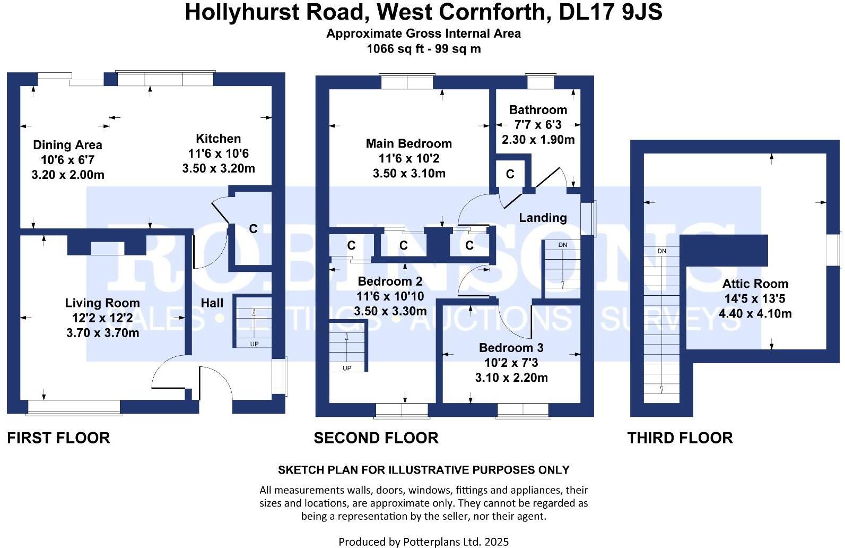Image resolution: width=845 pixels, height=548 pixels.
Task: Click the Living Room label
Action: point(102,303)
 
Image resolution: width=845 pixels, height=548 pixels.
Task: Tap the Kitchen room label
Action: point(218,139)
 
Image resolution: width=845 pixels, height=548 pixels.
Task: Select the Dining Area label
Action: point(67,145)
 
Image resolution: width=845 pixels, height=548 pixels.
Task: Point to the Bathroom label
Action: point(538,110)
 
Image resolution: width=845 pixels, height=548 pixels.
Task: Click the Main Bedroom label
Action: point(409,143)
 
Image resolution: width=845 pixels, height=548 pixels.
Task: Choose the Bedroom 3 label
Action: point(511,348)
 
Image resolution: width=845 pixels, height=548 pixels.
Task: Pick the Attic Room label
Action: point(755,284)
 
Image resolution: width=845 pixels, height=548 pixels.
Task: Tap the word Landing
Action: point(543,218)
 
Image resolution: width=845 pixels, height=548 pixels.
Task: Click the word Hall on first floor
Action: point(212,303)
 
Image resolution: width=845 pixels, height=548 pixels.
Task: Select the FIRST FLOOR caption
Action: point(58,438)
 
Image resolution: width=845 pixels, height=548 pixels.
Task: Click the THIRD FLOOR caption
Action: point(680,438)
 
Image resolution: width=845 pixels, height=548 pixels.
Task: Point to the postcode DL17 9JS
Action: point(611,12)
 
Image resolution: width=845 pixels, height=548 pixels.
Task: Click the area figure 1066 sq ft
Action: point(394,49)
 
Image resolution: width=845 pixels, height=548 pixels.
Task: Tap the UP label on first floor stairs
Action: point(254,344)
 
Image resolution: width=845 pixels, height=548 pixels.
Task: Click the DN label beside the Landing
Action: point(563,245)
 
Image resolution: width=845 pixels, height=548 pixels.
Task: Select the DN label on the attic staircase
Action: point(661,251)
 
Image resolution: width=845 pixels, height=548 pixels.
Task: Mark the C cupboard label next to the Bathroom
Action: point(510,174)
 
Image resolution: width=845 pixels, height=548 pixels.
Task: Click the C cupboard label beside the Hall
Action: point(253,229)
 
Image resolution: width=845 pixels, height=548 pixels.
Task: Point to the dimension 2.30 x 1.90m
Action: point(538,140)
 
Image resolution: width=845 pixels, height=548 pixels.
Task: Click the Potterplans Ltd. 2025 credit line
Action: point(423,542)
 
